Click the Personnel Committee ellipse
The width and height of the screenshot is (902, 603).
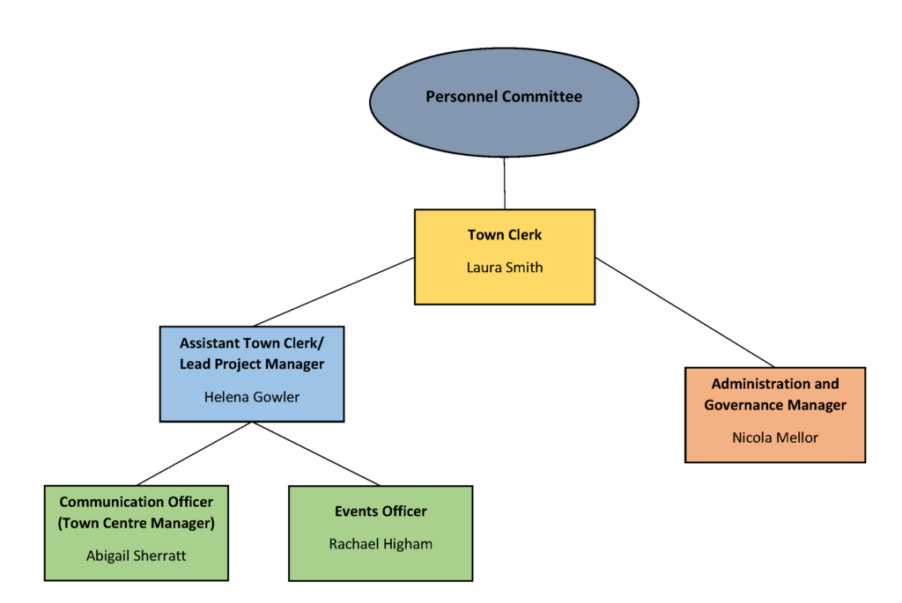point(504,97)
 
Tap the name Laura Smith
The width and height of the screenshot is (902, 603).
point(504,268)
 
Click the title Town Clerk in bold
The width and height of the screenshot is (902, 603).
point(504,235)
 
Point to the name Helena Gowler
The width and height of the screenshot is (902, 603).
point(252,397)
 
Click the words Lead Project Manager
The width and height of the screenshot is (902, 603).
point(252,364)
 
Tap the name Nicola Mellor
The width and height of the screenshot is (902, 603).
point(775,437)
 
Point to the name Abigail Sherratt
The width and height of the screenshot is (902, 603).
point(137,555)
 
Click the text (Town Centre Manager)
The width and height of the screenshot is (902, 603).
point(137,523)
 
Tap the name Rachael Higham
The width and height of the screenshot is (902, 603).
point(381,544)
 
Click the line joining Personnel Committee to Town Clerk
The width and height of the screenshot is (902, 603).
point(505,183)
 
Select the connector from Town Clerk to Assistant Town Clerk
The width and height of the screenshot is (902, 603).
point(335,291)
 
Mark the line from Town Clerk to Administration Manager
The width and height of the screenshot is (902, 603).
point(684,313)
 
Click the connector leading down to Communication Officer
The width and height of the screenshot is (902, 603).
point(195,453)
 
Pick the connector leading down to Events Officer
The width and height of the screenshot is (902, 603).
point(316,453)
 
